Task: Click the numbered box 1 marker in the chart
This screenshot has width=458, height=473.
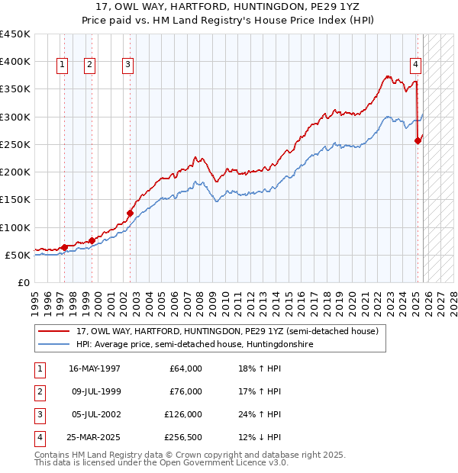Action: (61, 65)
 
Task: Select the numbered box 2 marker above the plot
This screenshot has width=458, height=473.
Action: (89, 65)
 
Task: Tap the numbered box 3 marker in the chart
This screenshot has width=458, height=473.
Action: (127, 65)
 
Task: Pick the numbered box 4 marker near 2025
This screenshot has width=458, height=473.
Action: (415, 65)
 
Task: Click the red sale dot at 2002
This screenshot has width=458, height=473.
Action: (130, 213)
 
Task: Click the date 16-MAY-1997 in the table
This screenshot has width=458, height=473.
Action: (95, 368)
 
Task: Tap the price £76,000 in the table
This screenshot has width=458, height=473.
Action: (185, 391)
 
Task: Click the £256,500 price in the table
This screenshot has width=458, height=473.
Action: (182, 437)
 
